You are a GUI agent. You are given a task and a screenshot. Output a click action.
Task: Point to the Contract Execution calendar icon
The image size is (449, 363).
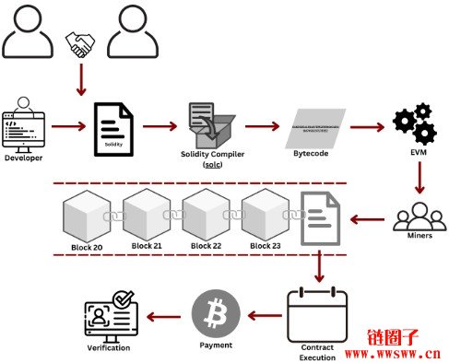(316, 313)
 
